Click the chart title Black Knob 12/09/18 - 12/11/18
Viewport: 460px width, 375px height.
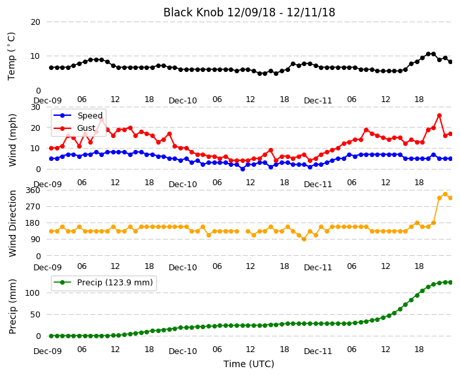[249, 12]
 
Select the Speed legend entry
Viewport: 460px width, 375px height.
[78, 115]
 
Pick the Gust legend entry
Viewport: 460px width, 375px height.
[74, 128]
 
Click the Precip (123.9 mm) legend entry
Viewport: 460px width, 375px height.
[103, 283]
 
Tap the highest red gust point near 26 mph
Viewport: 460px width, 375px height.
[439, 116]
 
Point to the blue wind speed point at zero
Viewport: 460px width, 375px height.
[242, 169]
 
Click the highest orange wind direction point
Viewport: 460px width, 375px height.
[445, 194]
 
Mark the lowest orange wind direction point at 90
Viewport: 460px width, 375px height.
[304, 240]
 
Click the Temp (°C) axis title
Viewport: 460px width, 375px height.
[12, 56]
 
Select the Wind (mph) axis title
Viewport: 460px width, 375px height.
[12, 140]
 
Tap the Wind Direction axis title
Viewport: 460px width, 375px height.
[12, 224]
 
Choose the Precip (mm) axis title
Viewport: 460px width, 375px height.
[12, 306]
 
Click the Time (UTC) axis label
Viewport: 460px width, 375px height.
[249, 364]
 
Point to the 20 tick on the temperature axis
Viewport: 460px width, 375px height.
[35, 22]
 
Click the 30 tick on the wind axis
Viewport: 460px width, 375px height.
[35, 107]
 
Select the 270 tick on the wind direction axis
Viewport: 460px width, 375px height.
[33, 207]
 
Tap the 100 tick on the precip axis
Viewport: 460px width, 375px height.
[33, 293]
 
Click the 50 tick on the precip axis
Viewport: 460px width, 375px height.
[35, 315]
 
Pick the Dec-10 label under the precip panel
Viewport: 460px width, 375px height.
[183, 351]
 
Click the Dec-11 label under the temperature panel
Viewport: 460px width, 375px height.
[318, 101]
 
